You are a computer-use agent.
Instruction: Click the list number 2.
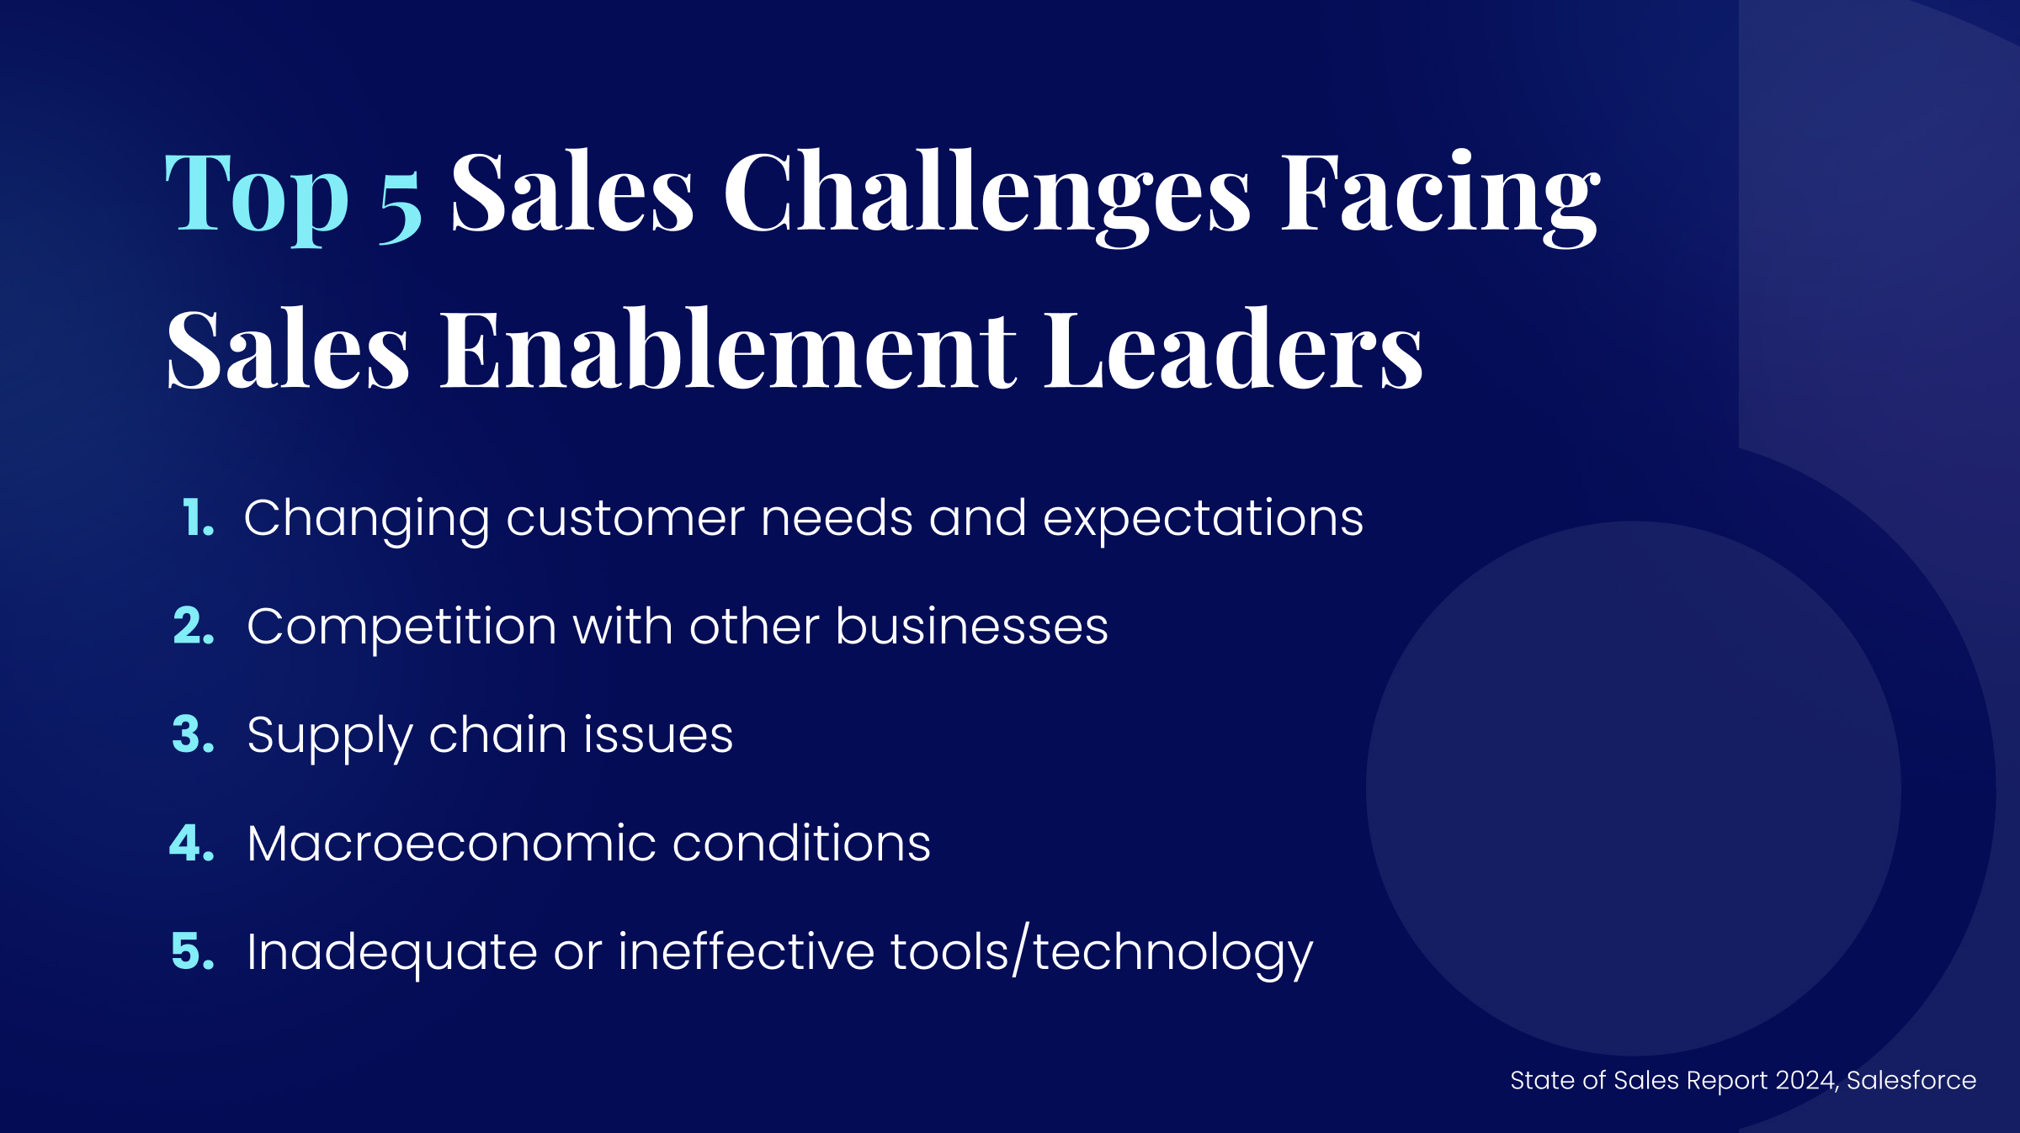tap(194, 626)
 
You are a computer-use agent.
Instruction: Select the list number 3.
tap(193, 734)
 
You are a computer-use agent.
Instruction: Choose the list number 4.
tap(192, 843)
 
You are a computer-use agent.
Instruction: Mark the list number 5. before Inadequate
tap(193, 951)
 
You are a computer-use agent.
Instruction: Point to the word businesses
tap(972, 627)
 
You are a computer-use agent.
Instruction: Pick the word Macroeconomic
tap(451, 844)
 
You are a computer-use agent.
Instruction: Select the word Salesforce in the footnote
tap(1911, 1080)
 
